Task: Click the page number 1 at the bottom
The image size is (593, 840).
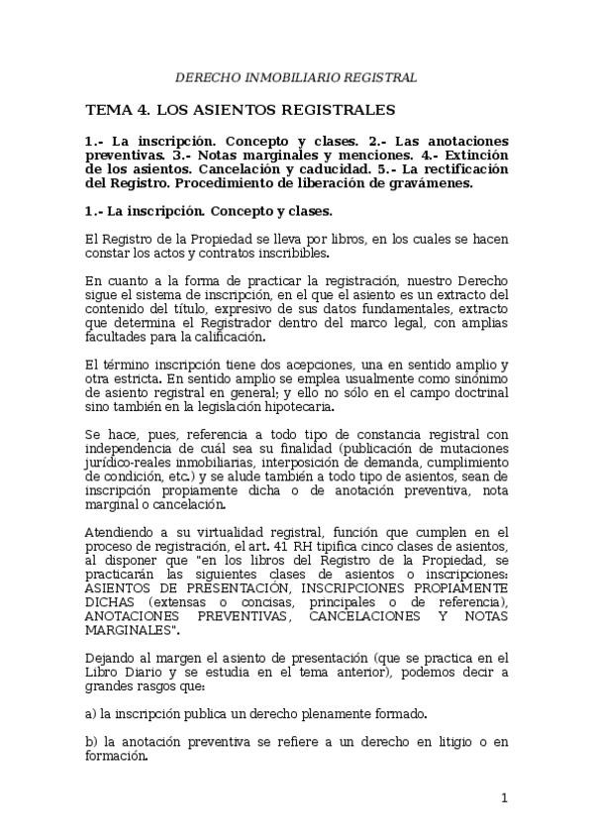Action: click(x=503, y=797)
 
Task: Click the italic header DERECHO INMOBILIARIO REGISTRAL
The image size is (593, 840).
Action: click(x=296, y=77)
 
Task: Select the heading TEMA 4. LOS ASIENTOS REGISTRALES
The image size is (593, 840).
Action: click(x=241, y=109)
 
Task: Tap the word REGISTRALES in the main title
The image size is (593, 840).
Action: click(x=339, y=109)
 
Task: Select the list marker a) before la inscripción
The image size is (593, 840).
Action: click(x=92, y=712)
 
